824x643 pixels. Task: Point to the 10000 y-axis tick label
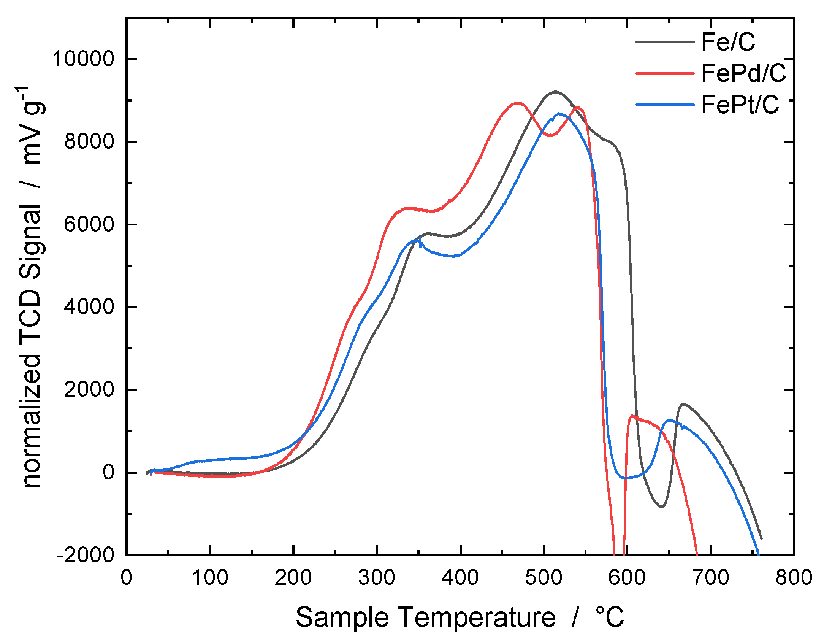click(x=83, y=59)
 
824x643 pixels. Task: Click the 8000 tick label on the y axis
click(x=89, y=141)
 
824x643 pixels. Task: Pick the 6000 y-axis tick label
click(x=89, y=224)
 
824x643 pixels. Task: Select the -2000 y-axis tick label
click(x=85, y=555)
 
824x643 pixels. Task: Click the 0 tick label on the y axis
click(x=108, y=472)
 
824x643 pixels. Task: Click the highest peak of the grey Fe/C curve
click(x=556, y=91)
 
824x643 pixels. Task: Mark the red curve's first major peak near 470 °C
click(x=518, y=103)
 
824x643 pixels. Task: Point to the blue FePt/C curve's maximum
click(x=559, y=113)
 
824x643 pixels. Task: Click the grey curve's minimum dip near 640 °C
click(x=662, y=506)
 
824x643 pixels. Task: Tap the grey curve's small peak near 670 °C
click(x=683, y=404)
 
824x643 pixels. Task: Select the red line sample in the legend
click(x=665, y=73)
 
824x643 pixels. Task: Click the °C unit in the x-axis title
click(x=610, y=618)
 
